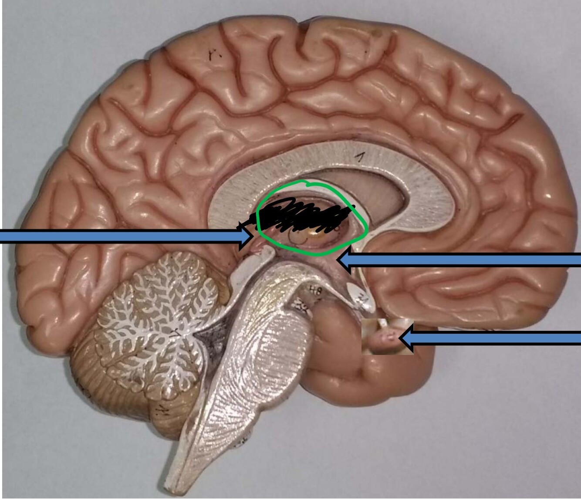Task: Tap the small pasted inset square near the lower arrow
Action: pos(383,336)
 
